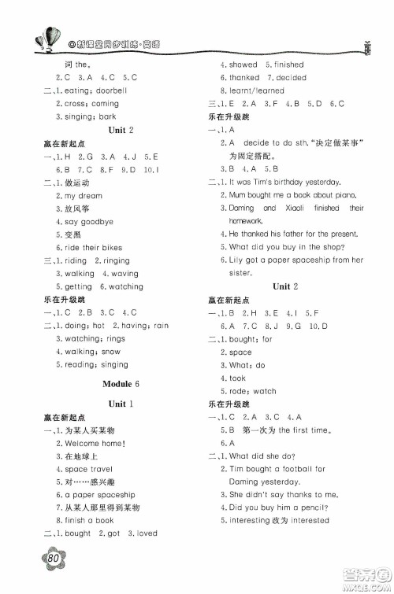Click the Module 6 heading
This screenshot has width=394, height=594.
(x=120, y=383)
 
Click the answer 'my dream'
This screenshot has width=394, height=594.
(x=84, y=195)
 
